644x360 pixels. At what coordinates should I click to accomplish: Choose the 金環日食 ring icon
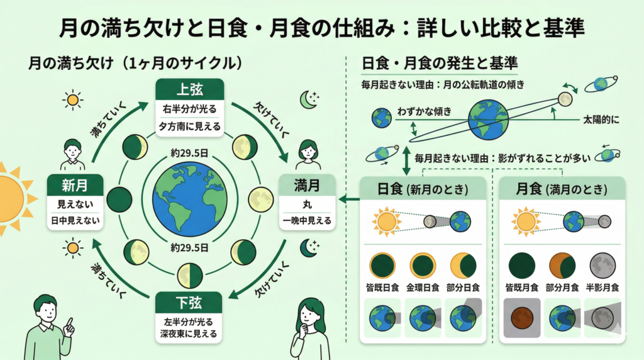point(422,266)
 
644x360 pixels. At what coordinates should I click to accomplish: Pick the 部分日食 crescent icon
point(462,266)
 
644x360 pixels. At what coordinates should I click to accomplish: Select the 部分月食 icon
point(562,266)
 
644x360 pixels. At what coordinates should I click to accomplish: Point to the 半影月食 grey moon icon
point(602,266)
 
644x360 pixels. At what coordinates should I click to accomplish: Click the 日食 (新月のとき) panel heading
point(422,189)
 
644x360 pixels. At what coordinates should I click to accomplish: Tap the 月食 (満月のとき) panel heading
point(562,189)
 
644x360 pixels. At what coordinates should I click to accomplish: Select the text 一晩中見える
point(307,221)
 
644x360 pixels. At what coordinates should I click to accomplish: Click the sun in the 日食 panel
point(386,221)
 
